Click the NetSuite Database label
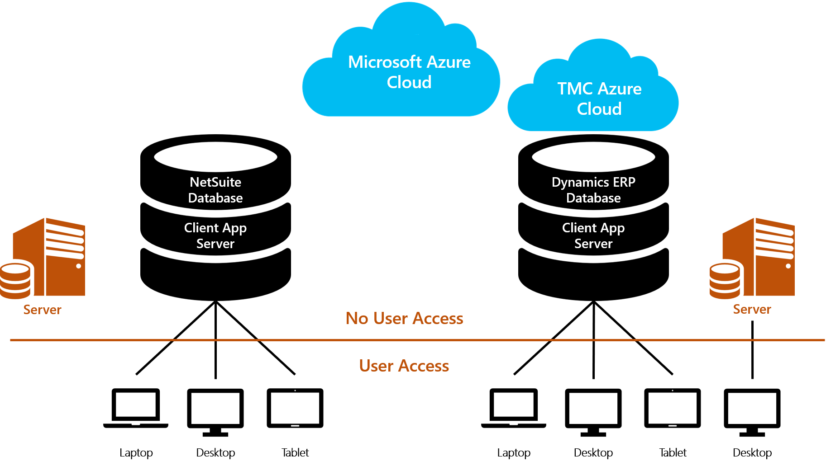pyautogui.click(x=215, y=190)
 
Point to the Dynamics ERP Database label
pyautogui.click(x=593, y=190)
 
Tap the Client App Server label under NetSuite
pyautogui.click(x=215, y=235)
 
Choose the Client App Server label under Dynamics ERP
pyautogui.click(x=593, y=235)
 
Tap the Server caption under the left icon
pyautogui.click(x=42, y=310)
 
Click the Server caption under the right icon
pyautogui.click(x=752, y=309)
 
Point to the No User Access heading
pyautogui.click(x=404, y=318)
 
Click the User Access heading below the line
pyautogui.click(x=404, y=366)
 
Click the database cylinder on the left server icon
pyautogui.click(x=15, y=280)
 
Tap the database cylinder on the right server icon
pyautogui.click(x=725, y=280)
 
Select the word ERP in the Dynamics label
pyautogui.click(x=624, y=182)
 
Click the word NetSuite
pyautogui.click(x=215, y=182)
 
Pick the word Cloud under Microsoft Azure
pyautogui.click(x=409, y=82)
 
